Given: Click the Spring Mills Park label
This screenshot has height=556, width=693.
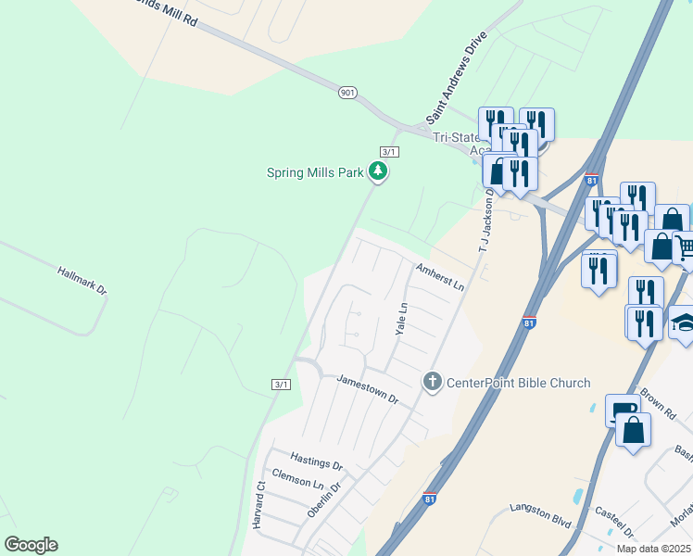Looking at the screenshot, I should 315,171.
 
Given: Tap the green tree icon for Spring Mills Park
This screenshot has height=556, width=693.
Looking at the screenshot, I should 377,171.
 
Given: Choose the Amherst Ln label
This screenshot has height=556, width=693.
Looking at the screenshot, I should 439,275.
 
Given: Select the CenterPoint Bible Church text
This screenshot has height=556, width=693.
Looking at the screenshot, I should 519,383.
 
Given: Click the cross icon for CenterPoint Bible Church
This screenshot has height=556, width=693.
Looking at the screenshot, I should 431,381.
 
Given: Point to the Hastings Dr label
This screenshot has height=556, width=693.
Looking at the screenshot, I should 316,461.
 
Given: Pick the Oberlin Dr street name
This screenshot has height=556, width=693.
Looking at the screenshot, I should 323,496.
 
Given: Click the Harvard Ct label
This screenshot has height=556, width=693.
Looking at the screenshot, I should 260,504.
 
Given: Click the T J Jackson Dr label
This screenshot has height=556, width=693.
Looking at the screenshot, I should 484,229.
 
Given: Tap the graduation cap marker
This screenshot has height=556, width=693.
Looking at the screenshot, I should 684,322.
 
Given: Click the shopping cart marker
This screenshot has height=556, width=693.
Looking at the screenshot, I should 685,247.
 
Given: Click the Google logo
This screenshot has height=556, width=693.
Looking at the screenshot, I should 31,544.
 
